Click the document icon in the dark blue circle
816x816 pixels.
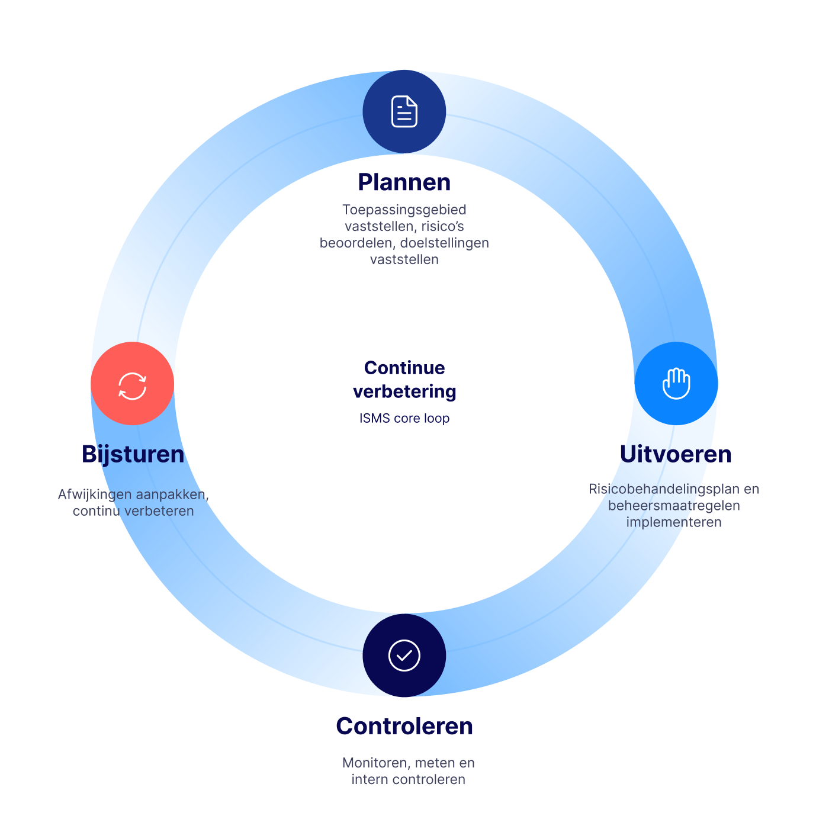[404, 111]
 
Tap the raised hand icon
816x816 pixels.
[676, 383]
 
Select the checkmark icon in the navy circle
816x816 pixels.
[404, 656]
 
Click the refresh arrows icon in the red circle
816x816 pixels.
[132, 385]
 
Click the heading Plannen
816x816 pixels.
[404, 182]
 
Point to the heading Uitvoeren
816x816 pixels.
[676, 454]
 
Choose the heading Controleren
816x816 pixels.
[404, 726]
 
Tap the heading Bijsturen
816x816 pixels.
[133, 455]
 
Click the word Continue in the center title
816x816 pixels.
[404, 368]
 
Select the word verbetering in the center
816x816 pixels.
[404, 391]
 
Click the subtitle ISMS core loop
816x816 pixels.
[404, 419]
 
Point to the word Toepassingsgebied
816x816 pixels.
[404, 210]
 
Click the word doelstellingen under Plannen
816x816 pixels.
[445, 243]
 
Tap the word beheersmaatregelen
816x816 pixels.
[674, 506]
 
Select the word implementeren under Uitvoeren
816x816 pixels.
[674, 522]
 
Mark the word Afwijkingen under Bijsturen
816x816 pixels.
[94, 495]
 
